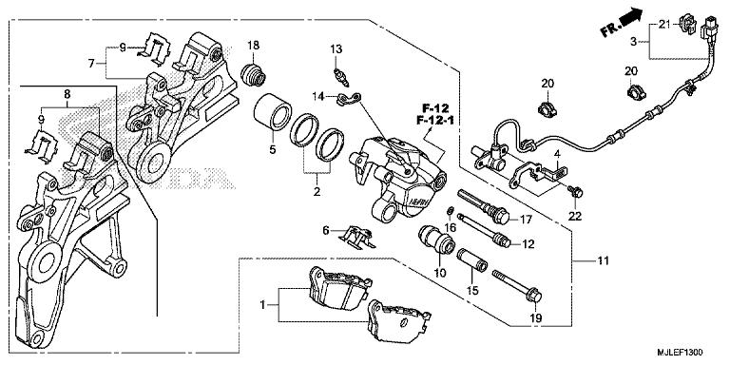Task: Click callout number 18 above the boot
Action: click(254, 46)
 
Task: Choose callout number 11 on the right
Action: click(602, 259)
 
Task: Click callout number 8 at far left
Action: click(67, 94)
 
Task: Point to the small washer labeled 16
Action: click(449, 209)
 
